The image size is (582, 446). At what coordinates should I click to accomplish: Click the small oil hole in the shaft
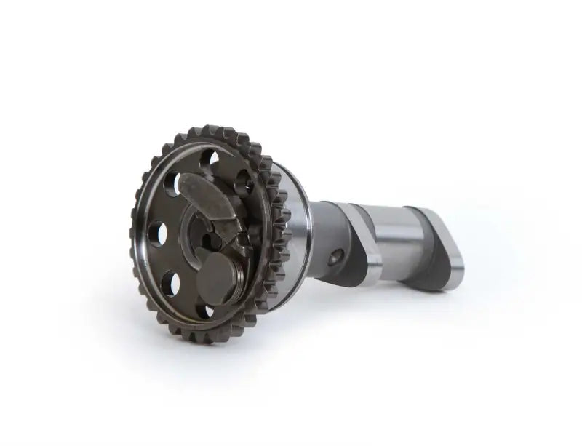pos(335,256)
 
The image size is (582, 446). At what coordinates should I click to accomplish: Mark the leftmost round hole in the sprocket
pos(157,234)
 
